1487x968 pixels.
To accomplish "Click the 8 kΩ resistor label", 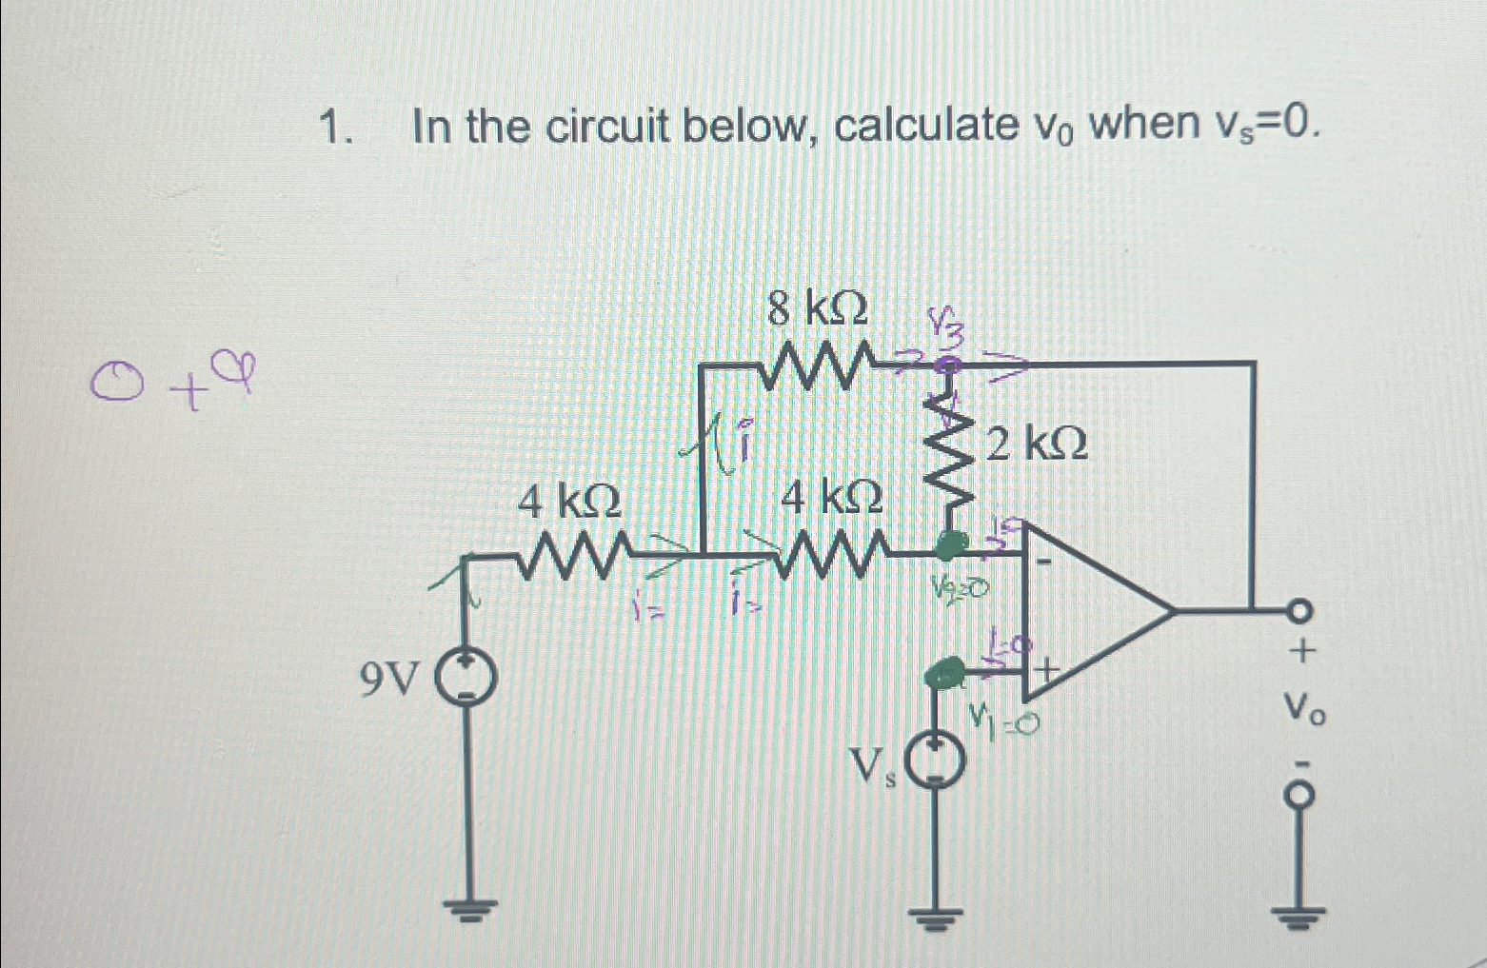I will point(818,309).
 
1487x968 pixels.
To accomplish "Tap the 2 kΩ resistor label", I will point(1037,444).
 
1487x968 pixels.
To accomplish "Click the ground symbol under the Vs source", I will point(936,919).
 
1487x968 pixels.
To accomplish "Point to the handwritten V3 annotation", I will point(946,329).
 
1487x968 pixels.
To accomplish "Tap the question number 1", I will point(332,127).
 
